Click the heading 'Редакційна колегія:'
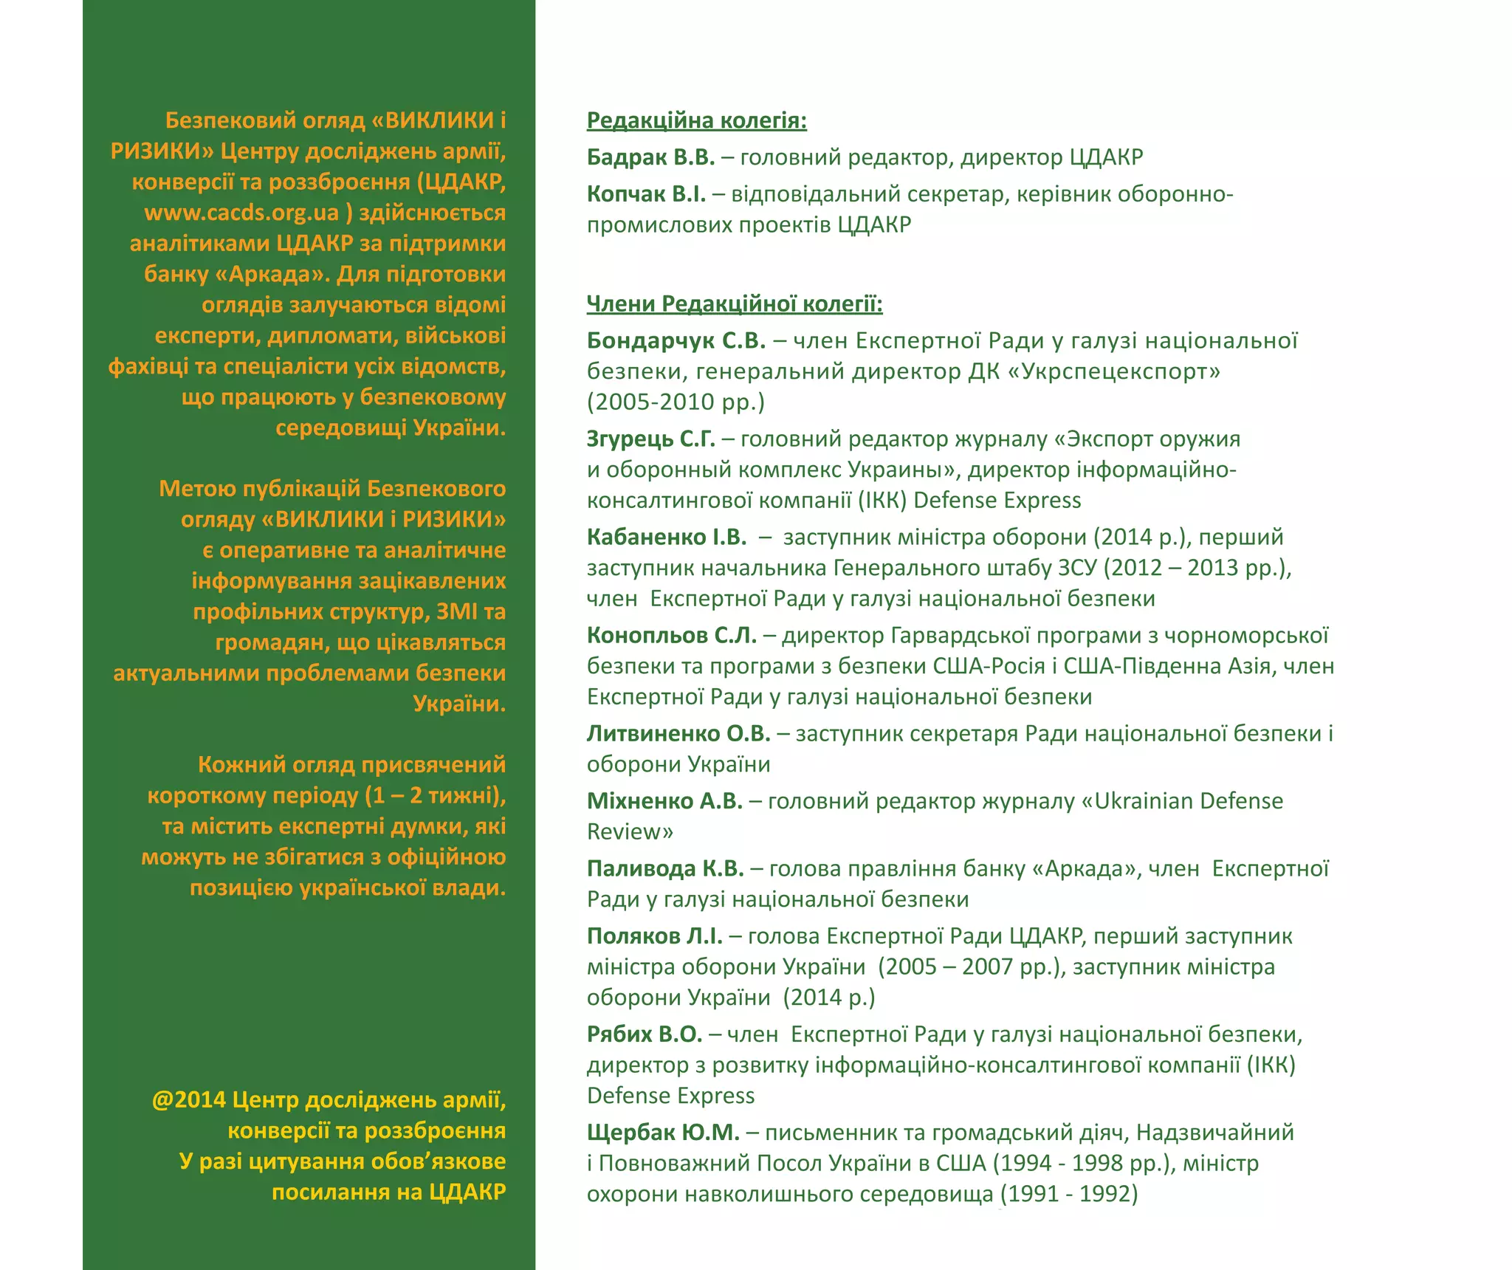pyautogui.click(x=696, y=120)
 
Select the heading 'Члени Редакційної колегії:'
pyautogui.click(x=734, y=303)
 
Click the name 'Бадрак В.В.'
pyautogui.click(x=650, y=157)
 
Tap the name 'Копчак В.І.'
pyautogui.click(x=646, y=194)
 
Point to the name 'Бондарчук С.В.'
pyautogui.click(x=676, y=340)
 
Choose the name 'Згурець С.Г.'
pyautogui.click(x=650, y=439)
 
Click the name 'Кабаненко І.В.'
pyautogui.click(x=667, y=537)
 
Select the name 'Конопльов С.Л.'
pyautogui.click(x=672, y=635)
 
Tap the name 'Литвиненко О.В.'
pyautogui.click(x=678, y=733)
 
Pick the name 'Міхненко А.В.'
pyautogui.click(x=664, y=801)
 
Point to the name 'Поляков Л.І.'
pyautogui.click(x=654, y=936)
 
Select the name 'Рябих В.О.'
pyautogui.click(x=645, y=1034)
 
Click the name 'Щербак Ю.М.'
pyautogui.click(x=663, y=1133)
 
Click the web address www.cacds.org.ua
pyautogui.click(x=241, y=213)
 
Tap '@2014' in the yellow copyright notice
pyautogui.click(x=188, y=1100)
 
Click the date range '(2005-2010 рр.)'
pyautogui.click(x=676, y=402)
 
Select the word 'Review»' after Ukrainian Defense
pyautogui.click(x=630, y=832)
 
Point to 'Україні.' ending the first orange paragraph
pyautogui.click(x=459, y=428)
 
